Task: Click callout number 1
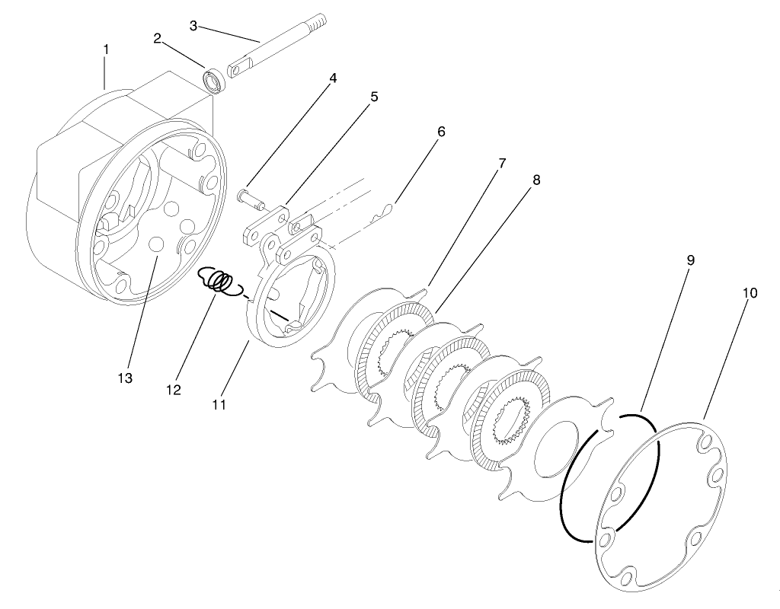(x=106, y=49)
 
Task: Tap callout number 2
(x=157, y=38)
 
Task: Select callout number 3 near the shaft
(x=193, y=26)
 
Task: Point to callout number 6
(x=440, y=132)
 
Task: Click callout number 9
(x=690, y=260)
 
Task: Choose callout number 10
(x=750, y=293)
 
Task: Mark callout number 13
(x=124, y=378)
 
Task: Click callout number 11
(x=219, y=405)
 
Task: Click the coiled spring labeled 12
(x=219, y=281)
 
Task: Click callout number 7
(x=503, y=163)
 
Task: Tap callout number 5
(x=374, y=97)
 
